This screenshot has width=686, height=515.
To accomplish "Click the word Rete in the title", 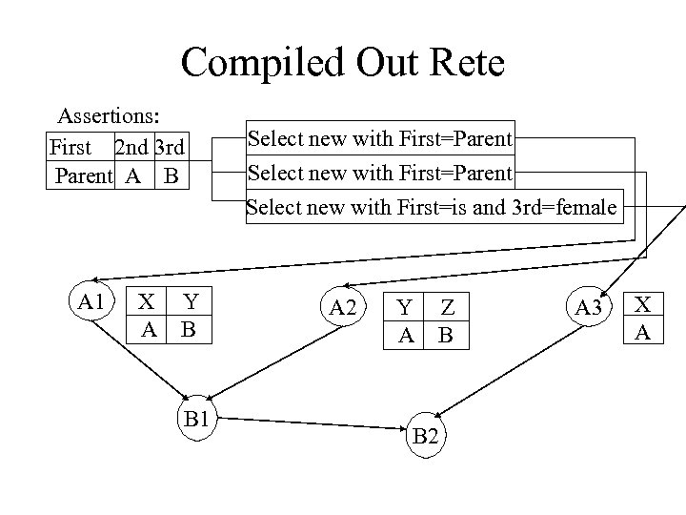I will coord(460,63).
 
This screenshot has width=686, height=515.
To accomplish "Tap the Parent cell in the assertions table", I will coord(83,176).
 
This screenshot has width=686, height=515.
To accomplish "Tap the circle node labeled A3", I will coord(589,307).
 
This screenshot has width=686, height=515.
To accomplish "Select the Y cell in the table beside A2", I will coord(405,307).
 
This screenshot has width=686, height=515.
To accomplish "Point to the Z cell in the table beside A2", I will coord(447,307).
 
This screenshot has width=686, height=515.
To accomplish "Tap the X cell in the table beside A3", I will coord(644,304).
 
